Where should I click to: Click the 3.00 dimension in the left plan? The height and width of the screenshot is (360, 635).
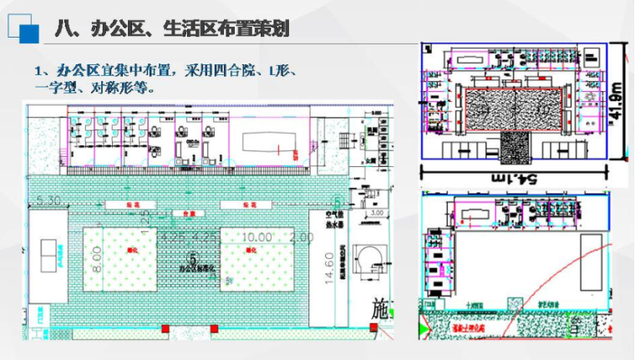376,214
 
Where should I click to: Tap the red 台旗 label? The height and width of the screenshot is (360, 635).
177,214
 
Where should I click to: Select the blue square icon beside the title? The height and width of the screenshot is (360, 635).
30,34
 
